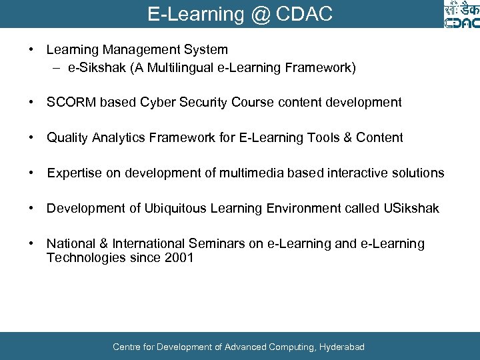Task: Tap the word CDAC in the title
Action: (x=309, y=14)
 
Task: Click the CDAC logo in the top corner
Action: (x=461, y=15)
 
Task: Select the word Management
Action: (x=136, y=50)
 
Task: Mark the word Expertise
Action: (x=73, y=173)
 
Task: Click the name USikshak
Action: (x=411, y=209)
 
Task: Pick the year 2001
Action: (x=179, y=258)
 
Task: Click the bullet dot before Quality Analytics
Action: (x=31, y=138)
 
